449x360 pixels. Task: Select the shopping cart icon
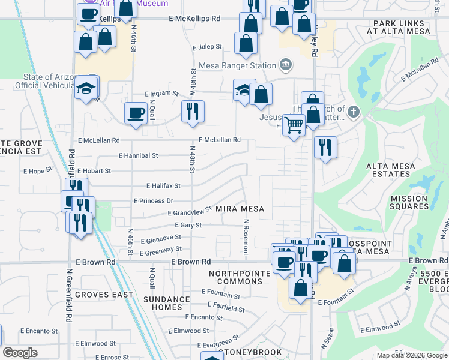pos(293,125)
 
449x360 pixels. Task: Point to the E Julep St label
pos(207,46)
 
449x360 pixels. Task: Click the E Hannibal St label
pos(138,155)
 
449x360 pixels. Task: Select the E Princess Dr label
pos(153,201)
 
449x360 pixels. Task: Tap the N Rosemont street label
pos(246,236)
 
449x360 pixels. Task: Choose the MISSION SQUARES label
pos(409,202)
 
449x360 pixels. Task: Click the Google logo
pos(20,353)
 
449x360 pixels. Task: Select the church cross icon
pos(354,111)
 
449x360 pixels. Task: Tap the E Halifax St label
pos(163,186)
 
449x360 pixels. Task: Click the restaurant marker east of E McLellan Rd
pos(325,147)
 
